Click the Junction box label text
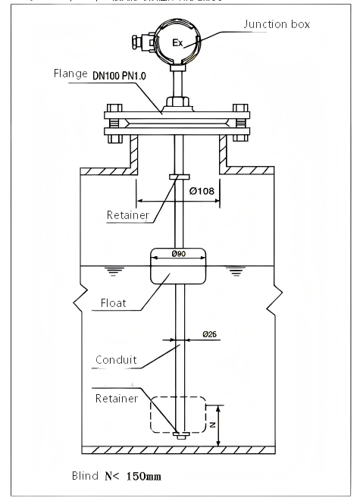[277, 24]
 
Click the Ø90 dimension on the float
[179, 253]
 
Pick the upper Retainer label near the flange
[130, 214]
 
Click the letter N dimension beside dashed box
[213, 424]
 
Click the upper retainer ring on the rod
[179, 178]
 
